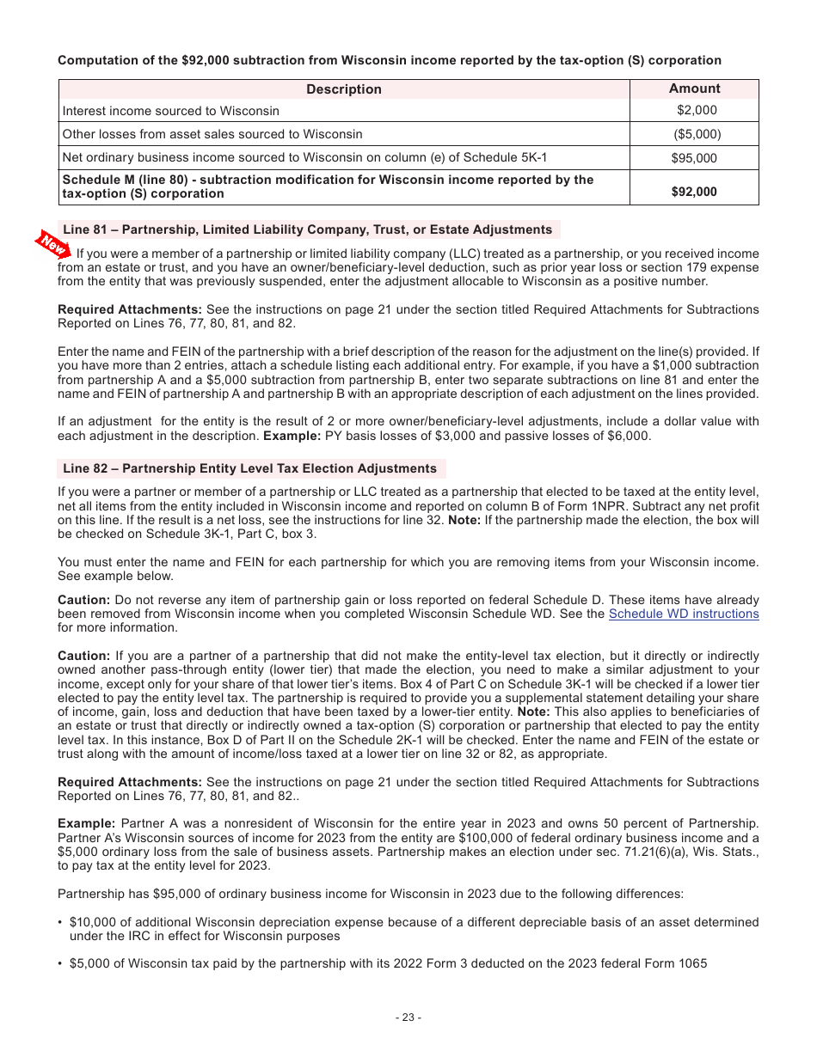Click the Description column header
tap(344, 89)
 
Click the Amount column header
tap(694, 89)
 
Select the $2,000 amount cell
tap(696, 110)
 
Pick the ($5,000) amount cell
tap(697, 134)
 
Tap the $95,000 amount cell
tap(694, 158)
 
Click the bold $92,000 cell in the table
tap(694, 192)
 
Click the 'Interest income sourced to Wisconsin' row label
tap(171, 111)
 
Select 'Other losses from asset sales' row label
tap(212, 134)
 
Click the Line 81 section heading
tap(308, 229)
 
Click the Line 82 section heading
tap(250, 468)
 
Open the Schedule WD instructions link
tap(684, 614)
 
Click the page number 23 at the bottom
tap(408, 1017)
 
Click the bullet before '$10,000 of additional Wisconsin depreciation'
tap(61, 922)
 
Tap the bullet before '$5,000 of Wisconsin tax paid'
tap(61, 963)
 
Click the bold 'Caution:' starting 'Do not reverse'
tap(83, 600)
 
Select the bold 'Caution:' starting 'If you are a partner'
tap(83, 656)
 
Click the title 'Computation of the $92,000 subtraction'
tap(390, 60)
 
